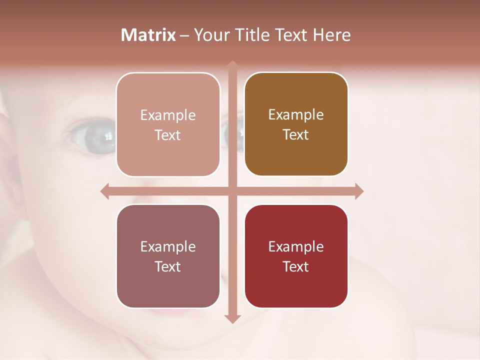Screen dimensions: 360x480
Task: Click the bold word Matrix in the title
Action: point(148,35)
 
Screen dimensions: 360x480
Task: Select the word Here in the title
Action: point(332,35)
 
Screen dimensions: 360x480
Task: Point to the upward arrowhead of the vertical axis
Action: point(232,64)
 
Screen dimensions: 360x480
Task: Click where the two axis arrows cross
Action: point(232,191)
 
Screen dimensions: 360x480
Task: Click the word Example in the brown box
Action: point(296,114)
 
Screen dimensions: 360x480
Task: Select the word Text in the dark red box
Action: point(296,266)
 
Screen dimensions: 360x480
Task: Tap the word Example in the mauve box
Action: point(168,246)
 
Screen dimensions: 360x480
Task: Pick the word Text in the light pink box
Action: point(168,135)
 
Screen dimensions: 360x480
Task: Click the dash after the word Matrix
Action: point(184,35)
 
